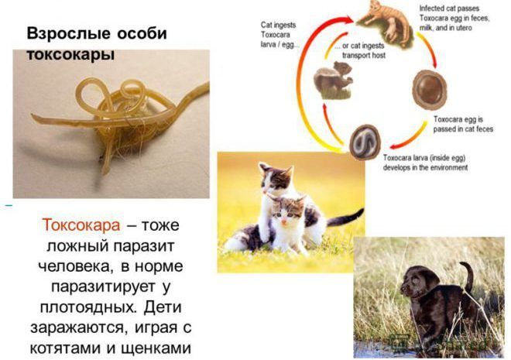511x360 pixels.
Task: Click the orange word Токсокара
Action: pos(81,225)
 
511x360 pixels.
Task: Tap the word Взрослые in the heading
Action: pos(68,33)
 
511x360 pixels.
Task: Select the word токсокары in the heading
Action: pos(70,53)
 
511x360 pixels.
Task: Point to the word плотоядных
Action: pos(87,307)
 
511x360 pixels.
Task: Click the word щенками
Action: pos(156,348)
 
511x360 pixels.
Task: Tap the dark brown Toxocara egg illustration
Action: pos(429,89)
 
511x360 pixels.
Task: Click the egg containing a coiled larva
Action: pos(365,142)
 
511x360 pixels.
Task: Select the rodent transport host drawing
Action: pos(333,80)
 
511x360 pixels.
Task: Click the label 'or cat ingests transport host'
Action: pos(360,50)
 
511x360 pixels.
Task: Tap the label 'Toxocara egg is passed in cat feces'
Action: pos(463,124)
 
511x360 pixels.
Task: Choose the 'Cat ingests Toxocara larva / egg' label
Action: pos(278,35)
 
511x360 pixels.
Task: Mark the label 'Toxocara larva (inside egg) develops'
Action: pos(425,163)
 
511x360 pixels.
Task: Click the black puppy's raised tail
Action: pos(467,275)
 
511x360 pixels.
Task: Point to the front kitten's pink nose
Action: pos(284,221)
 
